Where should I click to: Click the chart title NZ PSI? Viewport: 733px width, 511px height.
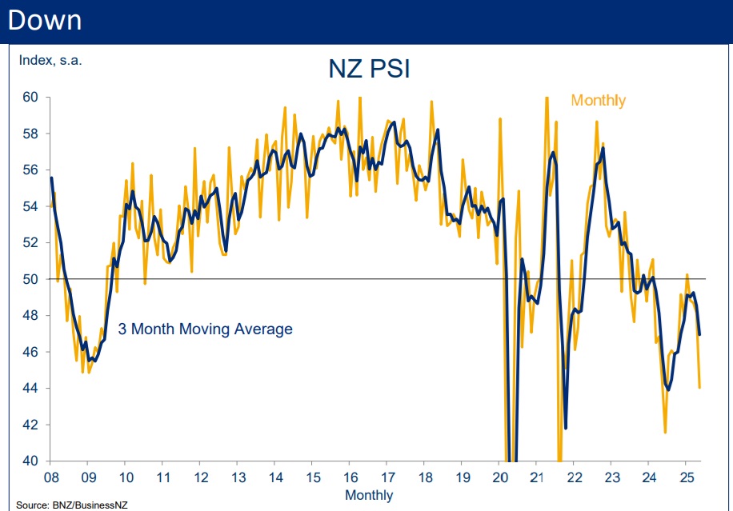369,69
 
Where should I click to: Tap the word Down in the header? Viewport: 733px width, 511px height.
44,19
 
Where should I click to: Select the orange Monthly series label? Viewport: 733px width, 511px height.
598,100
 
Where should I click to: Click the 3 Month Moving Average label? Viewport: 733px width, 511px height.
205,329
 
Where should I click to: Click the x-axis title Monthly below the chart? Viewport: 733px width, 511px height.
369,495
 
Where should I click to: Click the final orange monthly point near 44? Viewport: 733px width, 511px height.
700,388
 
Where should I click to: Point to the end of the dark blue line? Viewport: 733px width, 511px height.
700,334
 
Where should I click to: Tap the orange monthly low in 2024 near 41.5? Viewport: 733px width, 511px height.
666,433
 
